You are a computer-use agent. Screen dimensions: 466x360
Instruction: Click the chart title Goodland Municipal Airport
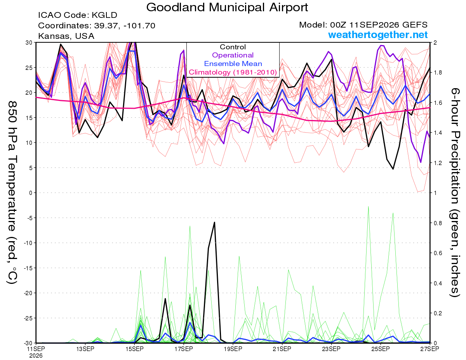click(x=227, y=7)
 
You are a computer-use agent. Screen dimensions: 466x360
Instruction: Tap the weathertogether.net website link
click(x=378, y=35)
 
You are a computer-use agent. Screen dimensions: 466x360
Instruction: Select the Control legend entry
click(x=233, y=47)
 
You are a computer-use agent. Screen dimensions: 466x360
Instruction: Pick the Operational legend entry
click(x=233, y=55)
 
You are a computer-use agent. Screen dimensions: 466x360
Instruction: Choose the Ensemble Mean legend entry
click(x=233, y=64)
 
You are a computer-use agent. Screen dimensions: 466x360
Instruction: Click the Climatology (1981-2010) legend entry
click(x=233, y=72)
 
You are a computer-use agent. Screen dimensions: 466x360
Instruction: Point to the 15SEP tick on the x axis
click(x=134, y=349)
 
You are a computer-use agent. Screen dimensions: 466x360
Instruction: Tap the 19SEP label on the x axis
click(x=233, y=349)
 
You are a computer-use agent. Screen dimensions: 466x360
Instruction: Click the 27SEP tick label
click(x=429, y=349)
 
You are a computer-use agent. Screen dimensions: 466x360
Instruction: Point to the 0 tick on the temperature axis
click(x=31, y=193)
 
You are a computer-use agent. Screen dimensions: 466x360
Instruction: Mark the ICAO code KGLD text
click(x=78, y=15)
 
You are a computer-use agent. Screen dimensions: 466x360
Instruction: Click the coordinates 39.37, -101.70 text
click(x=97, y=26)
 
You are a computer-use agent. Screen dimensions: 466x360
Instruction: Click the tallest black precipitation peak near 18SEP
click(x=214, y=223)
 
